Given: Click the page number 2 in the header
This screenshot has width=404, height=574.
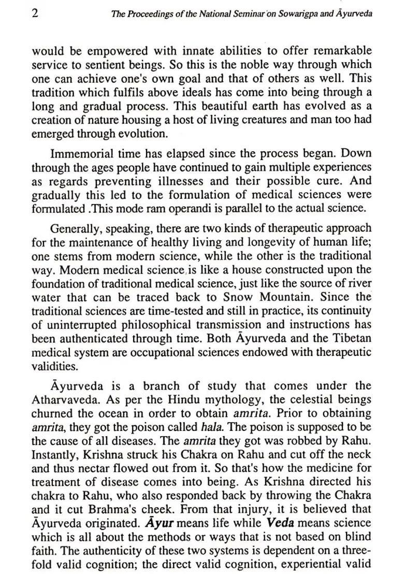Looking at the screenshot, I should (35, 13).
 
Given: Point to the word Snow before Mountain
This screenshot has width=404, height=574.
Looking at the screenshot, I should (239, 297).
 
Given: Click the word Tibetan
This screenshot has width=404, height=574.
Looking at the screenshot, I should (352, 338).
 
